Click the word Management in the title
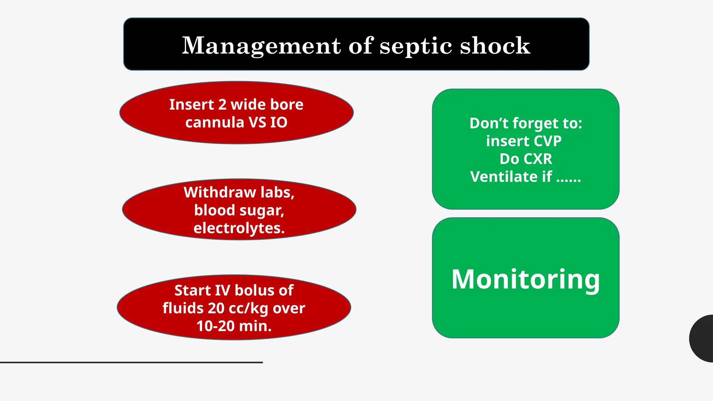pos(261,46)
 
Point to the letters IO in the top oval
pos(279,123)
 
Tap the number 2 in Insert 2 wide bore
pos(222,104)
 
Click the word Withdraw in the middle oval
pos(220,192)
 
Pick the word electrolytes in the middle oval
pos(239,228)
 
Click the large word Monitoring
pos(525,279)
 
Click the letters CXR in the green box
pos(538,159)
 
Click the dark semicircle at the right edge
pos(703,338)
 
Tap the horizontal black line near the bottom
pos(131,362)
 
